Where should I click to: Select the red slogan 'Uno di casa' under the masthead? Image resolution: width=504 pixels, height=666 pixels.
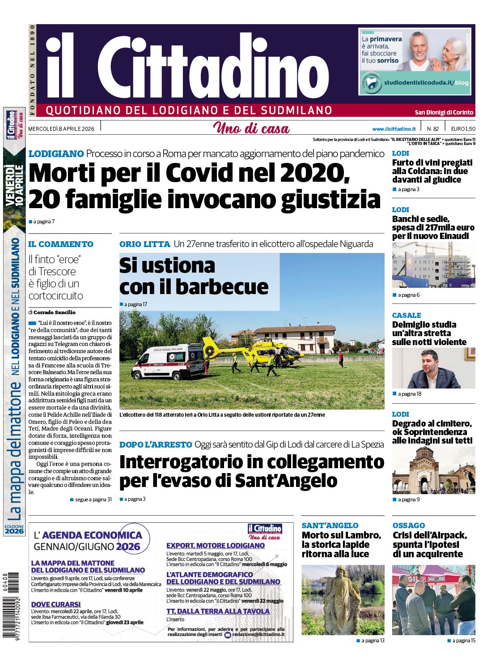coord(251,128)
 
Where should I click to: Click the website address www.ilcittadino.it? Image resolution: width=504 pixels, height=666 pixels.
coord(394,129)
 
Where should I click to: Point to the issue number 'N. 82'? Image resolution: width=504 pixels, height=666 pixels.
coord(432,129)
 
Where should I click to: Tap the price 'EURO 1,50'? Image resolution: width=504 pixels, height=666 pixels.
coord(463,129)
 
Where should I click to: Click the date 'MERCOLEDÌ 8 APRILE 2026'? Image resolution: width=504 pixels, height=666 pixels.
coord(61,129)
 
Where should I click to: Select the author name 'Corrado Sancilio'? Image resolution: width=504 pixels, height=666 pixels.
coord(55,312)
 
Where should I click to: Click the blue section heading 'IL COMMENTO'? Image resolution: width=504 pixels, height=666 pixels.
coord(61,244)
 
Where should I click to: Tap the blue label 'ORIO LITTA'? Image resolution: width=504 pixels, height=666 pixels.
coord(144,244)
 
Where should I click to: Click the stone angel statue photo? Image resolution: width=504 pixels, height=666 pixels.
coord(343,600)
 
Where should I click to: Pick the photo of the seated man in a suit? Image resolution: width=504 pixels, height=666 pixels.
coord(433,368)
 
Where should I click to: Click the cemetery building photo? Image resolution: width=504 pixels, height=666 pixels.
coord(433,470)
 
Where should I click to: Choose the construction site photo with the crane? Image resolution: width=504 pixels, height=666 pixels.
coord(433,265)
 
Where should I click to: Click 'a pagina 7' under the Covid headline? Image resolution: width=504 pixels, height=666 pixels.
coord(43,222)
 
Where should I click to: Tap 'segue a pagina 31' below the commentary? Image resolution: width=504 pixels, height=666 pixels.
coord(93,499)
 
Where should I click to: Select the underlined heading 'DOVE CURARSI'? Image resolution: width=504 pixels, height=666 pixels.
coord(56,604)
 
